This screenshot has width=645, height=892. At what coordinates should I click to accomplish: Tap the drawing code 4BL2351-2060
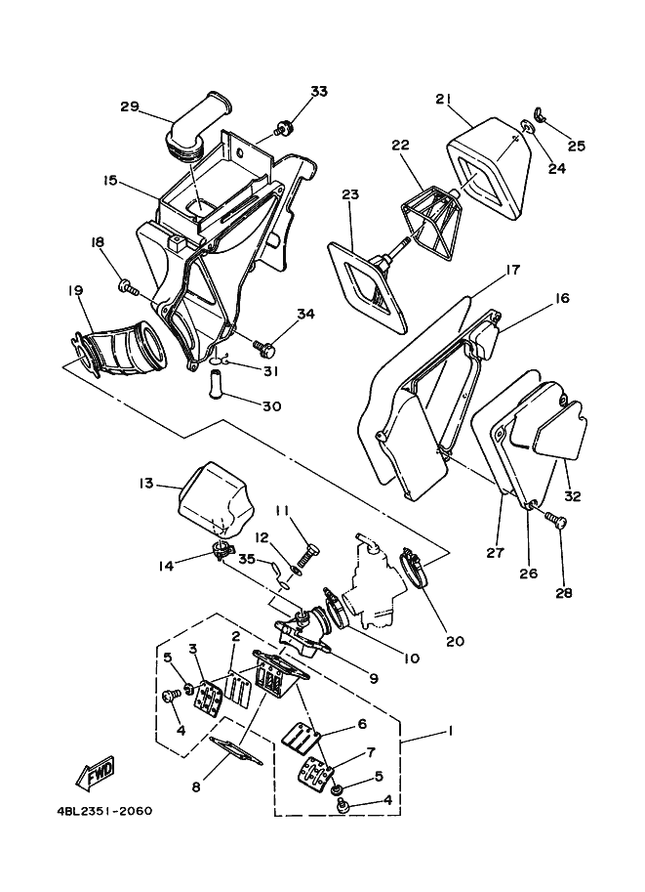pos(98,811)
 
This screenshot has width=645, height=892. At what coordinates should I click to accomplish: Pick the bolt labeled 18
pos(126,285)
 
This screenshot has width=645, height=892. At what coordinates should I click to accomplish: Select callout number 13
pos(146,483)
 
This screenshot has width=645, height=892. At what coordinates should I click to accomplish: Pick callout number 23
pos(351,194)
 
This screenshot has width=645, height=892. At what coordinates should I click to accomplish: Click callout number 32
pos(572,496)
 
